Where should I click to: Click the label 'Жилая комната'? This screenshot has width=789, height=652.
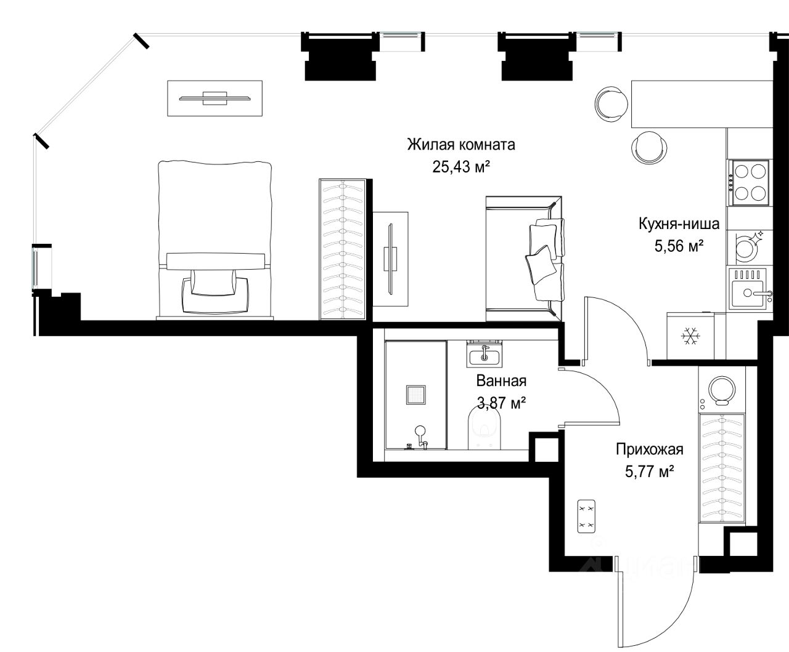460,145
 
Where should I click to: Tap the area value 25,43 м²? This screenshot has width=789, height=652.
461,166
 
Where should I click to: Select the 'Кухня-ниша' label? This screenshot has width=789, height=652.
679,224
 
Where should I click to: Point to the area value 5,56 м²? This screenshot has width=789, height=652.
679,246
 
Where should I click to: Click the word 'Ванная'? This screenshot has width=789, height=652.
501,381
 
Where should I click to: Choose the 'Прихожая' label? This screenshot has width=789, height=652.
650,449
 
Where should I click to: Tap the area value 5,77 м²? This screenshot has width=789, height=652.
650,472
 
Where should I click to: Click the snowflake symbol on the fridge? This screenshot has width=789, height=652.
690,336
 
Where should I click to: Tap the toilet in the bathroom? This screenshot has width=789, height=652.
484,428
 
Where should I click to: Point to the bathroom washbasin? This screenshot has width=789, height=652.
484,353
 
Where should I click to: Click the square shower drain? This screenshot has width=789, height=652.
415,395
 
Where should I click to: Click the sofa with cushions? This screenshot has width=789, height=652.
525,259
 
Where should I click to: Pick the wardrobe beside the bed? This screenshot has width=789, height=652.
342,249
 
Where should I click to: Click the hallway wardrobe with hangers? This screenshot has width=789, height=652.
722,468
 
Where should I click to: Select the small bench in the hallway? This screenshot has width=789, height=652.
586,516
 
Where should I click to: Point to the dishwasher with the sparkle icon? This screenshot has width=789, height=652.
749,247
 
